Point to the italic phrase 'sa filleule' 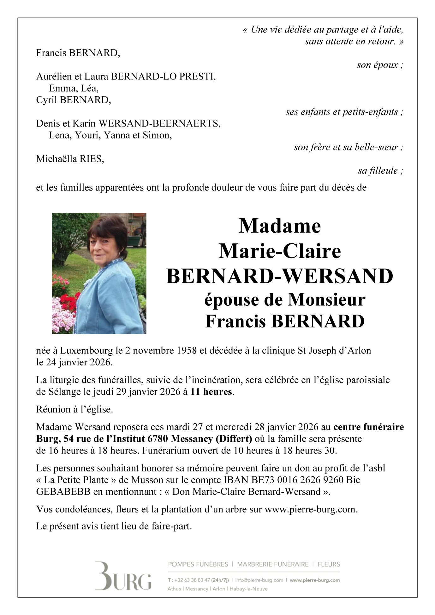378,171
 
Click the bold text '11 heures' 211,392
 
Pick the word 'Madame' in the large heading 280,226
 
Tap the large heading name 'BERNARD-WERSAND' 280,276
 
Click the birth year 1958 186,351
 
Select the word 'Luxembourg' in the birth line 86,351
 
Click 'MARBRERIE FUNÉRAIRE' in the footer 273,564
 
